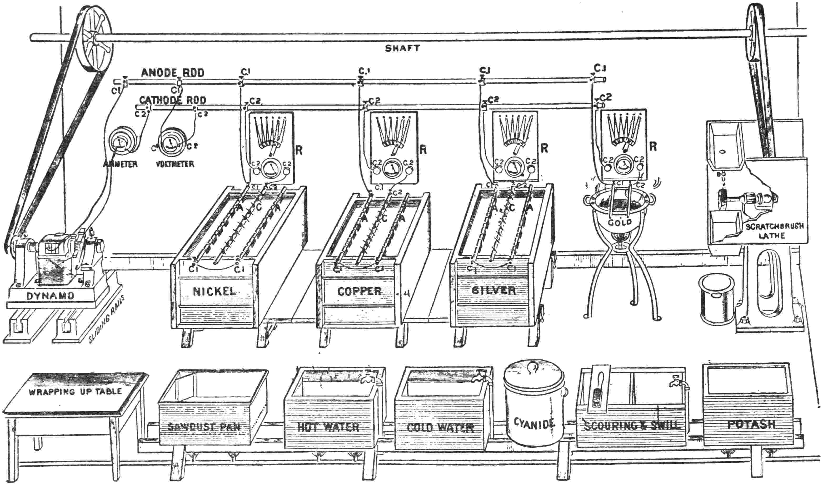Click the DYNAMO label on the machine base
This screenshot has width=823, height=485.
click(50, 296)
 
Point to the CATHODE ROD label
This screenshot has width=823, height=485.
click(173, 100)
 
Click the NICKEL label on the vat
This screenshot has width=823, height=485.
click(214, 291)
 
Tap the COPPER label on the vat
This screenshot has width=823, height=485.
click(359, 291)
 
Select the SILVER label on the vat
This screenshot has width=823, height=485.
click(493, 290)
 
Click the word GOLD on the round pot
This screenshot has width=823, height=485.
click(620, 223)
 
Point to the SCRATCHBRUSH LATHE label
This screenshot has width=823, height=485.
click(774, 231)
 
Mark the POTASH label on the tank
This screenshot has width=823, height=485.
click(751, 424)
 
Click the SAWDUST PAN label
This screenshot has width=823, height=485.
click(204, 427)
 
